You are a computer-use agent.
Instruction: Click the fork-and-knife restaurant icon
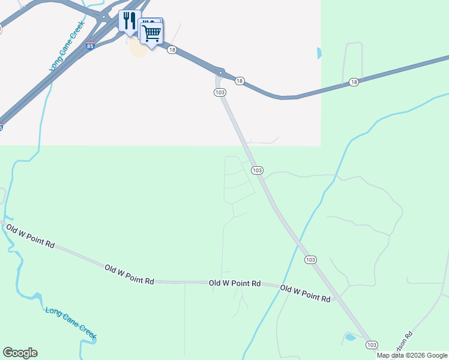[129, 22]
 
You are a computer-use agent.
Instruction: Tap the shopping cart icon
[152, 32]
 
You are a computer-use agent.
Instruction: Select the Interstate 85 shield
[90, 46]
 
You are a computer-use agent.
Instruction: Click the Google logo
[20, 353]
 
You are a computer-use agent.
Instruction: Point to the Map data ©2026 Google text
[412, 355]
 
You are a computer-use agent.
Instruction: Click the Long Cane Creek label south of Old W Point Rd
[71, 323]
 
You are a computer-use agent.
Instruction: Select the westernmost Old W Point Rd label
[30, 236]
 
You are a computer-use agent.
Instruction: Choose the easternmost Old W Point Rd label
[306, 293]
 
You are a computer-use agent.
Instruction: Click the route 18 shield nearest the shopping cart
[172, 50]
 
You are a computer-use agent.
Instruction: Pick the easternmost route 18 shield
[354, 82]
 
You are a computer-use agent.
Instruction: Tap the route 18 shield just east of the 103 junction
[240, 81]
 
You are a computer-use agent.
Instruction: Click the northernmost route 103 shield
[220, 92]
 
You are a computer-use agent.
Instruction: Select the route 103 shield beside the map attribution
[372, 344]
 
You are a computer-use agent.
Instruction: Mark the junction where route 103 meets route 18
[220, 73]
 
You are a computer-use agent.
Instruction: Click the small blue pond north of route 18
[318, 53]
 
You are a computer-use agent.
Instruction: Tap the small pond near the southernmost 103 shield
[349, 337]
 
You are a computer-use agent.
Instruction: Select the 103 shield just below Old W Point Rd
[310, 259]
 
